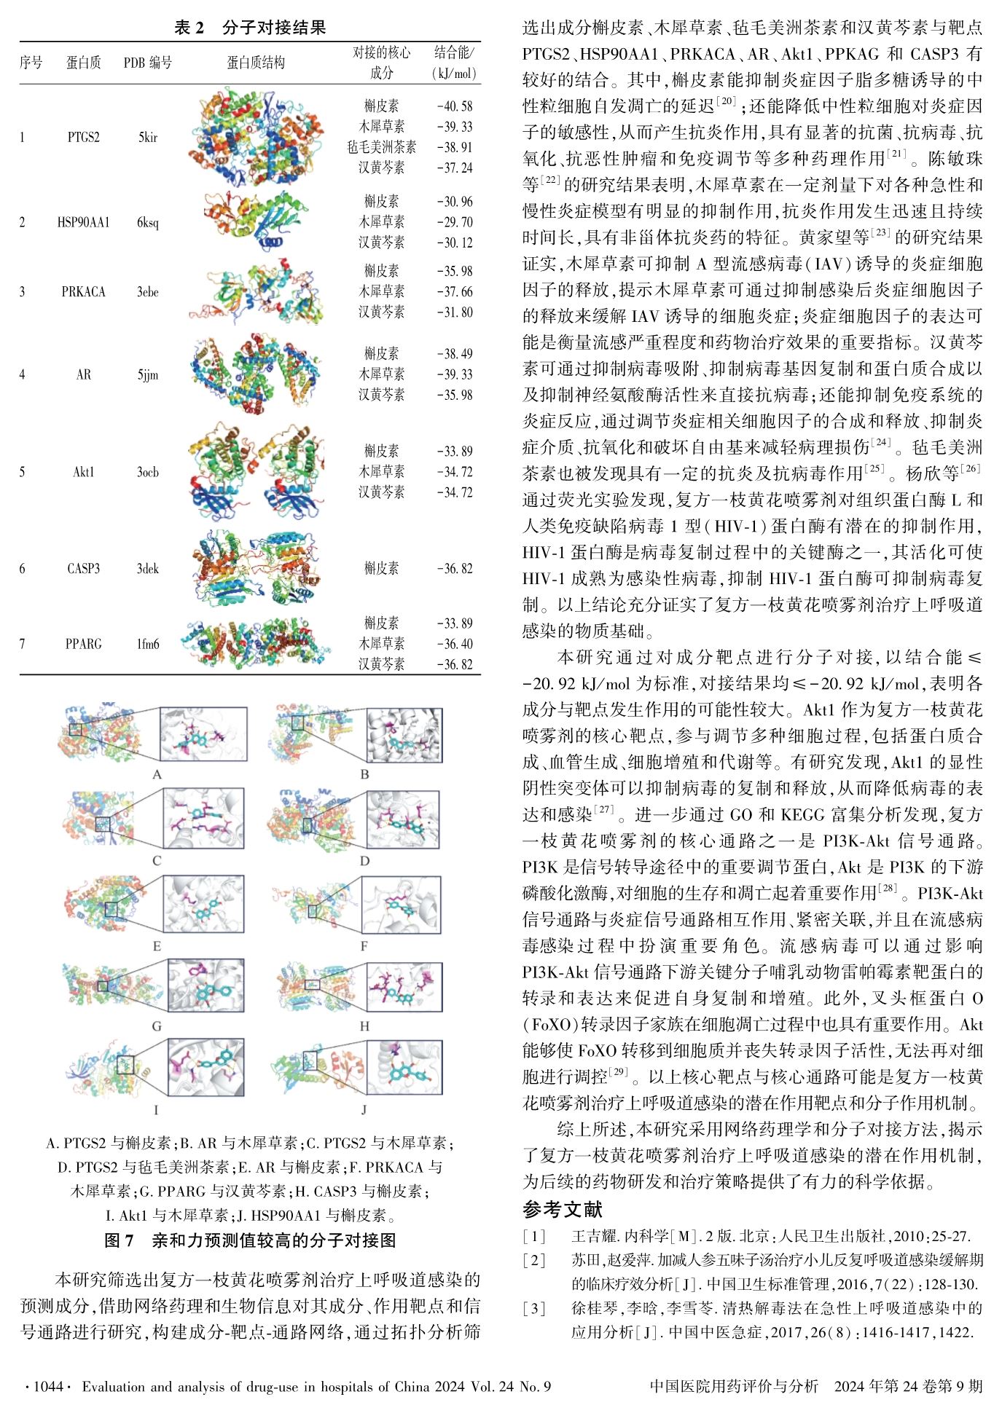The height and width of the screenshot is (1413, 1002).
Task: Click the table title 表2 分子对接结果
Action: (250, 28)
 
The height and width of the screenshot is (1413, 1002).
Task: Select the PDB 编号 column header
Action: (147, 63)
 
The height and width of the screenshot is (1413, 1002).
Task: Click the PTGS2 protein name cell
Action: (83, 137)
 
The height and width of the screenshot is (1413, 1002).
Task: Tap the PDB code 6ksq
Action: (147, 222)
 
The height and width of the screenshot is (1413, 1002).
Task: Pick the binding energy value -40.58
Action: (455, 106)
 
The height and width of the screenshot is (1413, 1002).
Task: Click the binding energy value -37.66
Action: (455, 291)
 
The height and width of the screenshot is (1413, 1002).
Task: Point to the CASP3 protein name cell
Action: (83, 569)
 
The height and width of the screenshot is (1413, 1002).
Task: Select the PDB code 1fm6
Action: (147, 644)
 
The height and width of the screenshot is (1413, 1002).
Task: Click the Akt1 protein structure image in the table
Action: (256, 472)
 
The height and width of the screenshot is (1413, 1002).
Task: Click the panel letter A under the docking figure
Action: (157, 775)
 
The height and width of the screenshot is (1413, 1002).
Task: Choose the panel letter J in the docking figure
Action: (364, 1111)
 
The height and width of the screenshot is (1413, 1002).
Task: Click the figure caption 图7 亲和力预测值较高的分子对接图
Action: (250, 1240)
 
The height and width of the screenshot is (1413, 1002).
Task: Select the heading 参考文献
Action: (563, 1209)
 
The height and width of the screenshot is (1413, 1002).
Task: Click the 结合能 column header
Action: (455, 63)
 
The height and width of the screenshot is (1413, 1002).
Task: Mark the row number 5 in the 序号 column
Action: (22, 472)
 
